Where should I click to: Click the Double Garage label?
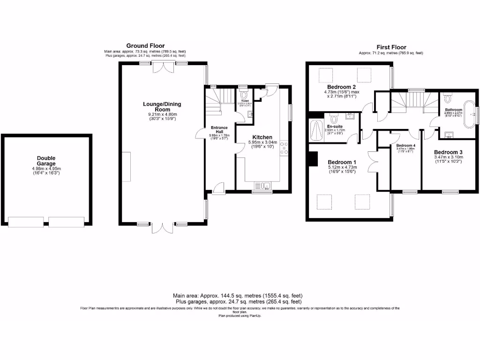tap(46, 161)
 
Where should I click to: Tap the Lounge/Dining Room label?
tap(162, 106)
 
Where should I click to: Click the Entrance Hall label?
tap(219, 129)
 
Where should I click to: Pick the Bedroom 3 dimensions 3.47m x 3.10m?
tap(448, 157)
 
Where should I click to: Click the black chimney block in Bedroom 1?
tap(312, 159)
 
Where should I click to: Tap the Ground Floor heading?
tap(145, 46)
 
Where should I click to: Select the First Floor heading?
tap(391, 47)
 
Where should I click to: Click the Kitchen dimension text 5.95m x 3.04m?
tap(262, 143)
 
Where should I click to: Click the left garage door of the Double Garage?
tap(27, 222)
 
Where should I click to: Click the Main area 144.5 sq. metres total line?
tap(238, 296)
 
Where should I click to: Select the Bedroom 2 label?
tap(341, 87)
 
